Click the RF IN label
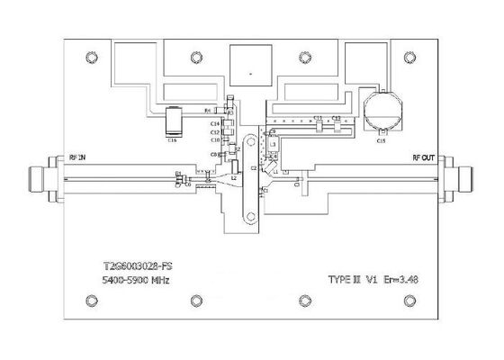pos(77,158)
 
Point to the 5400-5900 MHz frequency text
pos(133,281)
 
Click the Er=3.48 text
pos(398,281)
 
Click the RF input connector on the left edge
pos(40,180)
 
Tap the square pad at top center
pos(252,66)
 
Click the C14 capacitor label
pos(215,122)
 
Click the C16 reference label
pos(172,139)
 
